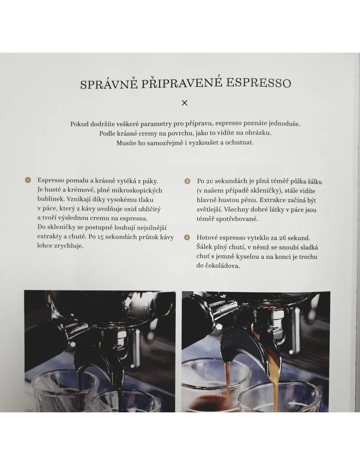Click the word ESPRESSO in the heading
[259, 83]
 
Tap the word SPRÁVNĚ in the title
[109, 84]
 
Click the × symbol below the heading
[184, 103]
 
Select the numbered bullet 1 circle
[28, 180]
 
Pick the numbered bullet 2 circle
[187, 181]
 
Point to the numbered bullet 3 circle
[187, 237]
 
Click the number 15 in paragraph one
[100, 237]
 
